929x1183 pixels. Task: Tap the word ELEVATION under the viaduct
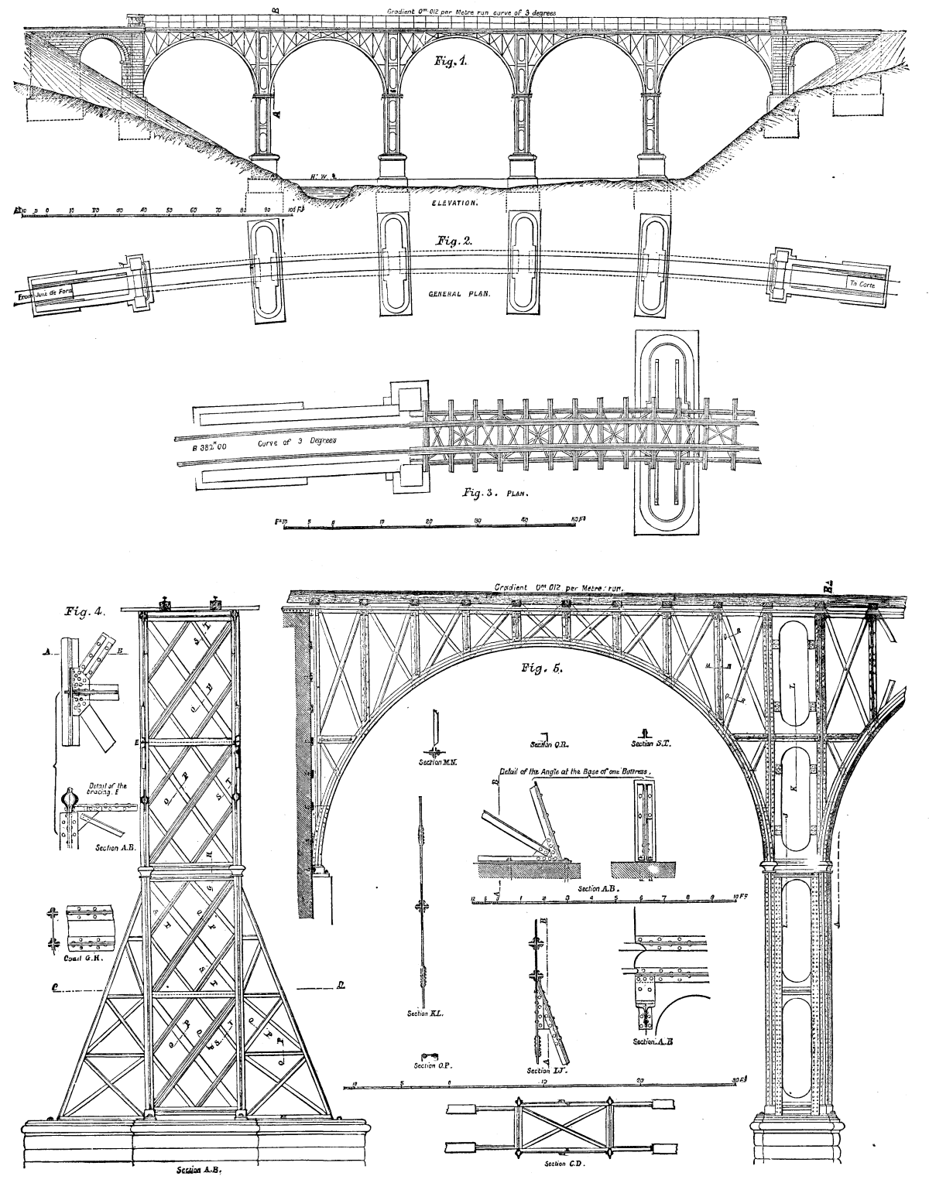click(454, 203)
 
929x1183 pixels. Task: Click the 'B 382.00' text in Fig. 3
click(205, 447)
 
